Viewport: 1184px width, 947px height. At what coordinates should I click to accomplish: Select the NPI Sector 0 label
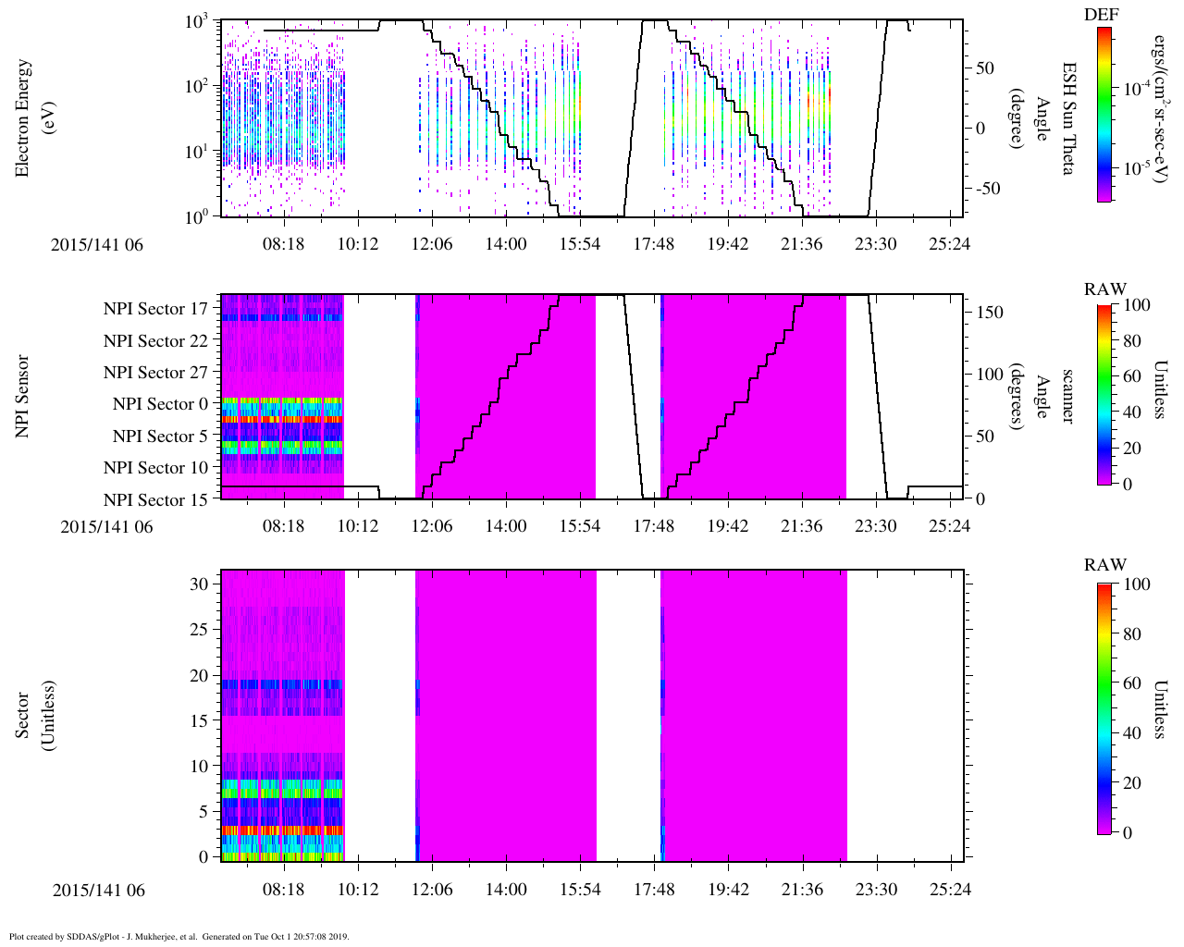coord(160,404)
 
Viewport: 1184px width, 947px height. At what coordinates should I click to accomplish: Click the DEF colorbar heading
coord(1105,15)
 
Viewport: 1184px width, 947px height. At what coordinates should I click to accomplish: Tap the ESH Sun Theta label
coord(1068,118)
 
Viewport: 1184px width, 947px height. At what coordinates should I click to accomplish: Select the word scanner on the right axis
coord(1068,396)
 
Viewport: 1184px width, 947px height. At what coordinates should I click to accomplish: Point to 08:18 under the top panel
coord(284,245)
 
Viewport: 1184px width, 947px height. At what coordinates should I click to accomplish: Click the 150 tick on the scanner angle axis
coord(992,313)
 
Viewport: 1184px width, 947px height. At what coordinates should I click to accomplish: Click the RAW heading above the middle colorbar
coord(1105,289)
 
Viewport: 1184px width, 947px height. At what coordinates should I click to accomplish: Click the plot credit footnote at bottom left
coord(179,936)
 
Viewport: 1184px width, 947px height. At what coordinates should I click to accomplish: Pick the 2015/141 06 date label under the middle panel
coord(106,527)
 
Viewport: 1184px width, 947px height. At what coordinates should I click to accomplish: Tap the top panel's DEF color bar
coord(1104,114)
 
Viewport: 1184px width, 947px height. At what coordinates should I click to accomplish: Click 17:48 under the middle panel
coord(654,526)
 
